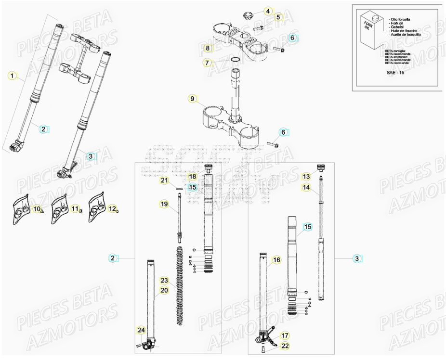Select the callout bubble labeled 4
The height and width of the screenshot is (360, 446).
(x=268, y=11)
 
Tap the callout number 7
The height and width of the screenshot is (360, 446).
(x=207, y=63)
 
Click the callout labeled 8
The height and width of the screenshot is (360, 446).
(x=208, y=48)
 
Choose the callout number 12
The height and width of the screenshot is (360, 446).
(x=112, y=209)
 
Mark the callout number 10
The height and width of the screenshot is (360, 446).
(x=37, y=209)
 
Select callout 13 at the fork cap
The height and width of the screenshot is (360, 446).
(x=306, y=176)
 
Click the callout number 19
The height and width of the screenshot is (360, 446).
(x=164, y=204)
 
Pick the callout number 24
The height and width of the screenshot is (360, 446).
(x=141, y=330)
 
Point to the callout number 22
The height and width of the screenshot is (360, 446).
(x=285, y=346)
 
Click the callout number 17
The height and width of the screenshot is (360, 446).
(x=285, y=335)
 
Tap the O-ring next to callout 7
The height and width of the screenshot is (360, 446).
(x=235, y=60)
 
